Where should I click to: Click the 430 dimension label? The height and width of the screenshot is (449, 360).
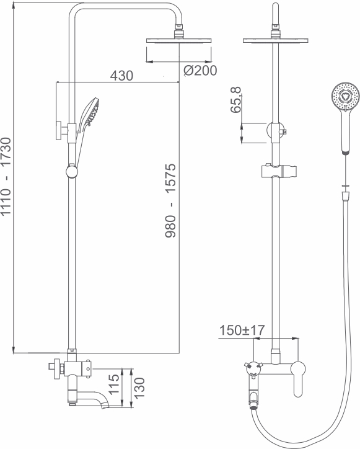[x=121, y=76]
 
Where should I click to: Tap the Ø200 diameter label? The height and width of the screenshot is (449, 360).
[x=200, y=71]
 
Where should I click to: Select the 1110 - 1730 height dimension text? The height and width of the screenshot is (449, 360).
[x=6, y=176]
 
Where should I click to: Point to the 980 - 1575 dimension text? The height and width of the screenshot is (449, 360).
[x=170, y=200]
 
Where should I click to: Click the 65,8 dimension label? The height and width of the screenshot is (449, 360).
[x=236, y=100]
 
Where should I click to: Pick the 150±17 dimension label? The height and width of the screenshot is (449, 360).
[x=242, y=330]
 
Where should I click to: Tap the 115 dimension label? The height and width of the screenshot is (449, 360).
[x=113, y=385]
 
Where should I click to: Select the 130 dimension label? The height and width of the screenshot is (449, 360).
[x=139, y=388]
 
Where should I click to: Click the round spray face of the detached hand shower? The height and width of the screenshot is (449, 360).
[x=345, y=97]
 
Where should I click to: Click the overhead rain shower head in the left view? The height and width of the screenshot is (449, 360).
[x=179, y=40]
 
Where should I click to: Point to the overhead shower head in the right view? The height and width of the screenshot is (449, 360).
[x=276, y=40]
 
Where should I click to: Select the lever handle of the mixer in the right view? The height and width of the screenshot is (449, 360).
[x=298, y=378]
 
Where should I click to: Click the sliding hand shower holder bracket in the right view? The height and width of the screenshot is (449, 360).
[x=279, y=171]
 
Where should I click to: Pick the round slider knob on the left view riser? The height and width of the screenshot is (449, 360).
[x=72, y=171]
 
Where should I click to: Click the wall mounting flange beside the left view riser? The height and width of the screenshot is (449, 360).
[x=59, y=131]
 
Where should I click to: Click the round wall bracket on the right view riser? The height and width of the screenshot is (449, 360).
[x=275, y=131]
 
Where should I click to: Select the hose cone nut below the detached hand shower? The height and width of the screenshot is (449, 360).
[x=346, y=196]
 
